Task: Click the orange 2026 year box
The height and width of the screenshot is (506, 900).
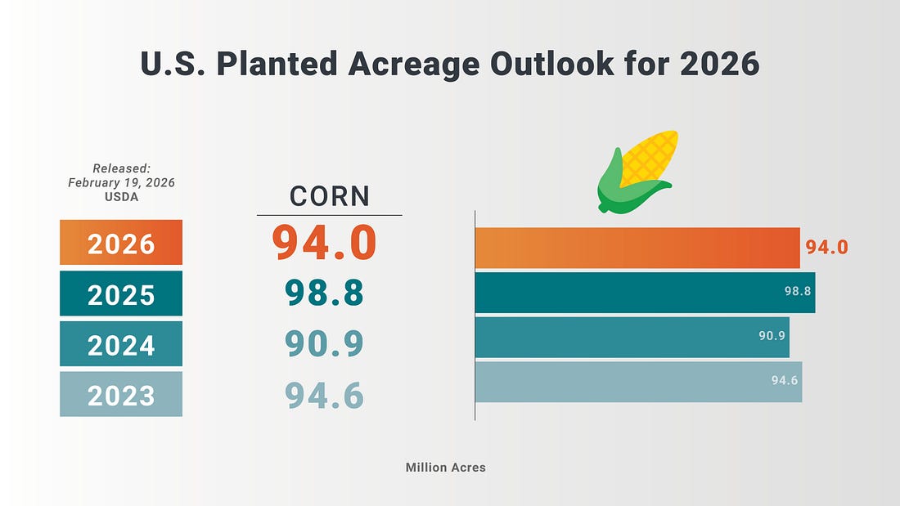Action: [x=121, y=243]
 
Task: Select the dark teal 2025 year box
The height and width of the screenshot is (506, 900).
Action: [x=121, y=293]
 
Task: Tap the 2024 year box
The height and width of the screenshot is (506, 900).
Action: [x=121, y=344]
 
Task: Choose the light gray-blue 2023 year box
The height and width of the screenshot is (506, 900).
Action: [x=121, y=395]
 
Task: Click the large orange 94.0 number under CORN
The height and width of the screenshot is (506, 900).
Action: [x=325, y=243]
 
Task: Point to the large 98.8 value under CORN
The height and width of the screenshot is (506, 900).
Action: [x=325, y=293]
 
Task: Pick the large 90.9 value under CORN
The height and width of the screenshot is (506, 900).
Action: [x=325, y=344]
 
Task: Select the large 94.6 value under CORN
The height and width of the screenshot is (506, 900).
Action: [x=325, y=395]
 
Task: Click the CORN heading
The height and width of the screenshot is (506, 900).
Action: [x=330, y=197]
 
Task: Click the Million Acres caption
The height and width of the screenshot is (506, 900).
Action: [x=445, y=468]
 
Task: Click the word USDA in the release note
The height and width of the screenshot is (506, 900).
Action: [x=121, y=198]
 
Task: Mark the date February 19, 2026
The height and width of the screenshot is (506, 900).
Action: [x=121, y=183]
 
